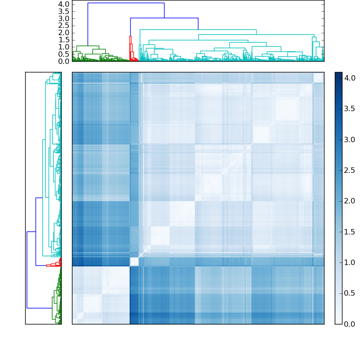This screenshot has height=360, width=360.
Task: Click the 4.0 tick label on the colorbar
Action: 350,78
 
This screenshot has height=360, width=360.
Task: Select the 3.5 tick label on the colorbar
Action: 350,109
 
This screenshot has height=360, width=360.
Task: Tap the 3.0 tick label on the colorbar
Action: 350,139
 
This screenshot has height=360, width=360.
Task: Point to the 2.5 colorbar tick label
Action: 350,170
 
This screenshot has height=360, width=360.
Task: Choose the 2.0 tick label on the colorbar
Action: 350,201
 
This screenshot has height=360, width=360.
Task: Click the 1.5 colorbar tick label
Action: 350,232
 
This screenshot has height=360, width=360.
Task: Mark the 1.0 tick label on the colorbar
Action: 350,262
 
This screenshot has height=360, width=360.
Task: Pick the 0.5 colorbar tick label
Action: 350,293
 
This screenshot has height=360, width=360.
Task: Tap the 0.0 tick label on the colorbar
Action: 350,324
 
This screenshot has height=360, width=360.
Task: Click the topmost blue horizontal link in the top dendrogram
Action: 126,3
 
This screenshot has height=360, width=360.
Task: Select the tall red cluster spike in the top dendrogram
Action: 130,45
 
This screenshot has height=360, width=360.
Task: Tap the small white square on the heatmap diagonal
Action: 134,261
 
